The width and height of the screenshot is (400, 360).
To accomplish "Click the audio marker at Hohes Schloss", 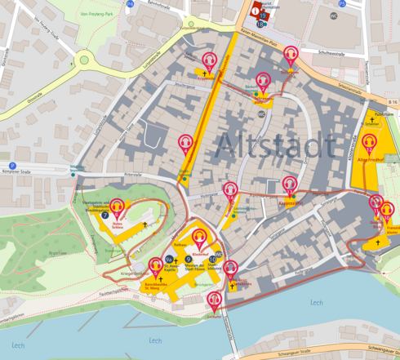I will (117, 207).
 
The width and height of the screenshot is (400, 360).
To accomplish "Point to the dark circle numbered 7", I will (105, 214).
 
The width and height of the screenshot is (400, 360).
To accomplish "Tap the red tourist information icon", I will (255, 11).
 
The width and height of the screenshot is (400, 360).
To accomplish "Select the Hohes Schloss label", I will (117, 224).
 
